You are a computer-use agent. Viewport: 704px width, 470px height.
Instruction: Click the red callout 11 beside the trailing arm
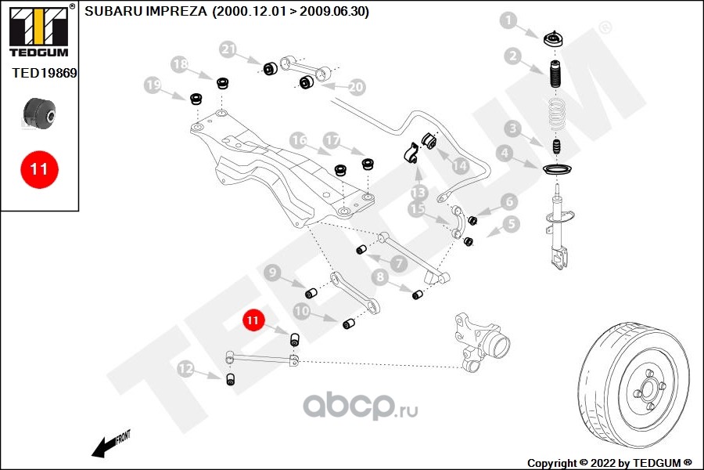pos(253,320)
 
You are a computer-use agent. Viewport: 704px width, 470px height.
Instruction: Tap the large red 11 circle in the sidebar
pos(39,168)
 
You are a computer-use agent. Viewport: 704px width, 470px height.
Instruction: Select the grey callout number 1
pos(509,21)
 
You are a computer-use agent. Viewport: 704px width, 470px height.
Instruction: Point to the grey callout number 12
pos(185,368)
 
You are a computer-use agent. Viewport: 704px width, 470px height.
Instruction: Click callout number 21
pos(228,50)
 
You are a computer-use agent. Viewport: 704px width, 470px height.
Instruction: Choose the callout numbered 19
pos(153,84)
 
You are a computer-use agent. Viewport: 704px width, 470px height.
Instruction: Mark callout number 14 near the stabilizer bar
pos(458,166)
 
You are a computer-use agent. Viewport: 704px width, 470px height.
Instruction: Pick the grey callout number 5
pos(511,225)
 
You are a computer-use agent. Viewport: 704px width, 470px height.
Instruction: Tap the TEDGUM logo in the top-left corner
pos(38,31)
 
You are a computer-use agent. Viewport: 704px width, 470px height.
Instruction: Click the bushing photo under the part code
pos(39,112)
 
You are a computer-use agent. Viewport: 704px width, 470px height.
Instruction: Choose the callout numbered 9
pos(273,273)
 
